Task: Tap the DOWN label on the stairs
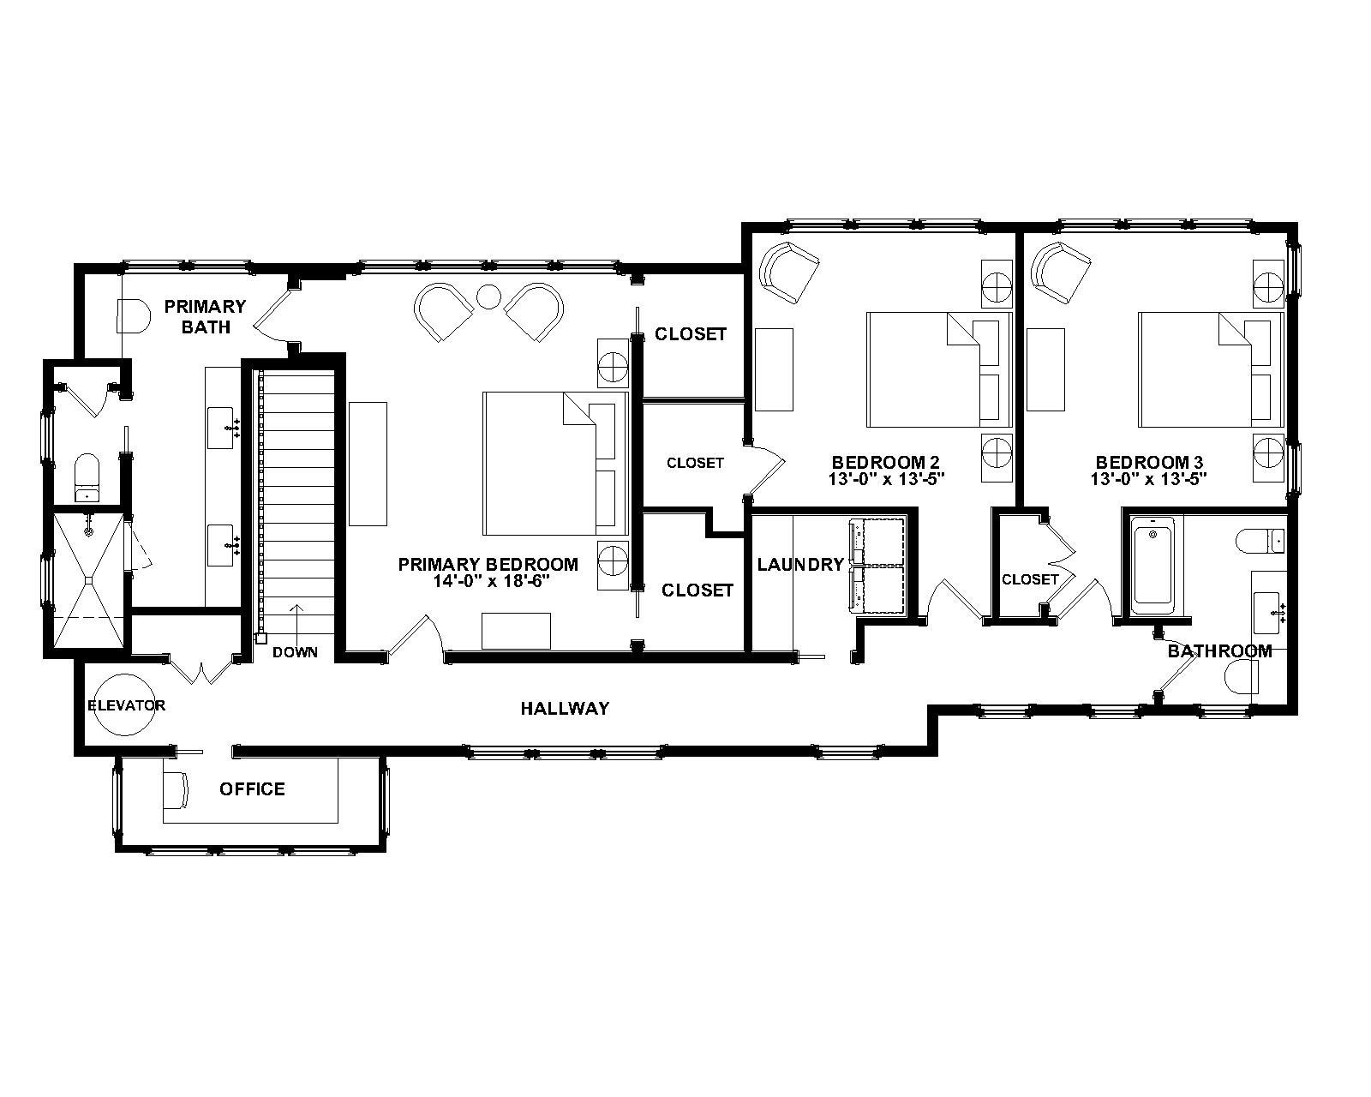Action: tap(295, 652)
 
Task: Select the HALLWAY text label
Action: tap(565, 708)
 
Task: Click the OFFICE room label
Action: tap(252, 788)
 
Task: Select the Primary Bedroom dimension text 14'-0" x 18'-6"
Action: tap(488, 580)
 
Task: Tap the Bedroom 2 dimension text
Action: tap(886, 479)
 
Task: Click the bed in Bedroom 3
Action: tap(1208, 369)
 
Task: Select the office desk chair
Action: tap(177, 789)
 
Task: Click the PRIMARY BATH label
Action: tap(206, 316)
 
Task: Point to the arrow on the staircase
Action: tap(296, 620)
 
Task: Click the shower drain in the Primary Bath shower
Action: tap(89, 581)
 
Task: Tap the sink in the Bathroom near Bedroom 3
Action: tap(1269, 609)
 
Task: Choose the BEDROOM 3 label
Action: tap(1148, 463)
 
